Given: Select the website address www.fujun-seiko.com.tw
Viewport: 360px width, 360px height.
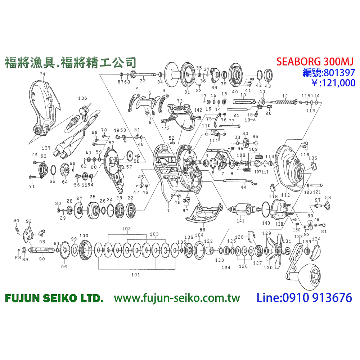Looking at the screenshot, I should click(x=177, y=298).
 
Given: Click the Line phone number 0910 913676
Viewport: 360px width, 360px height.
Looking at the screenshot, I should click(x=304, y=298).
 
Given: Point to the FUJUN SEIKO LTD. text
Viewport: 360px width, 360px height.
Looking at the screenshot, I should click(x=54, y=298).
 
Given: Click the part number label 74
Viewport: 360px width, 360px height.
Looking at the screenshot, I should click(x=43, y=74).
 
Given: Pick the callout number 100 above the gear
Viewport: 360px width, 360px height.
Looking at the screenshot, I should click(x=84, y=236).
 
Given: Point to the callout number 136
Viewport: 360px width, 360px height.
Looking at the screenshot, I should click(x=83, y=98).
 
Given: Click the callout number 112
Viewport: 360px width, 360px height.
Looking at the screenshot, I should click(x=285, y=195).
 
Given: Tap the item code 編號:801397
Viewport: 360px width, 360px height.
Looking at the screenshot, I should click(x=328, y=73).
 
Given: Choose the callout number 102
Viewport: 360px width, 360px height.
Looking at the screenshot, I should click(x=126, y=229).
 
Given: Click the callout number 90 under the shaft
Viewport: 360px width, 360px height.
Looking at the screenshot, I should click(x=42, y=258).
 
